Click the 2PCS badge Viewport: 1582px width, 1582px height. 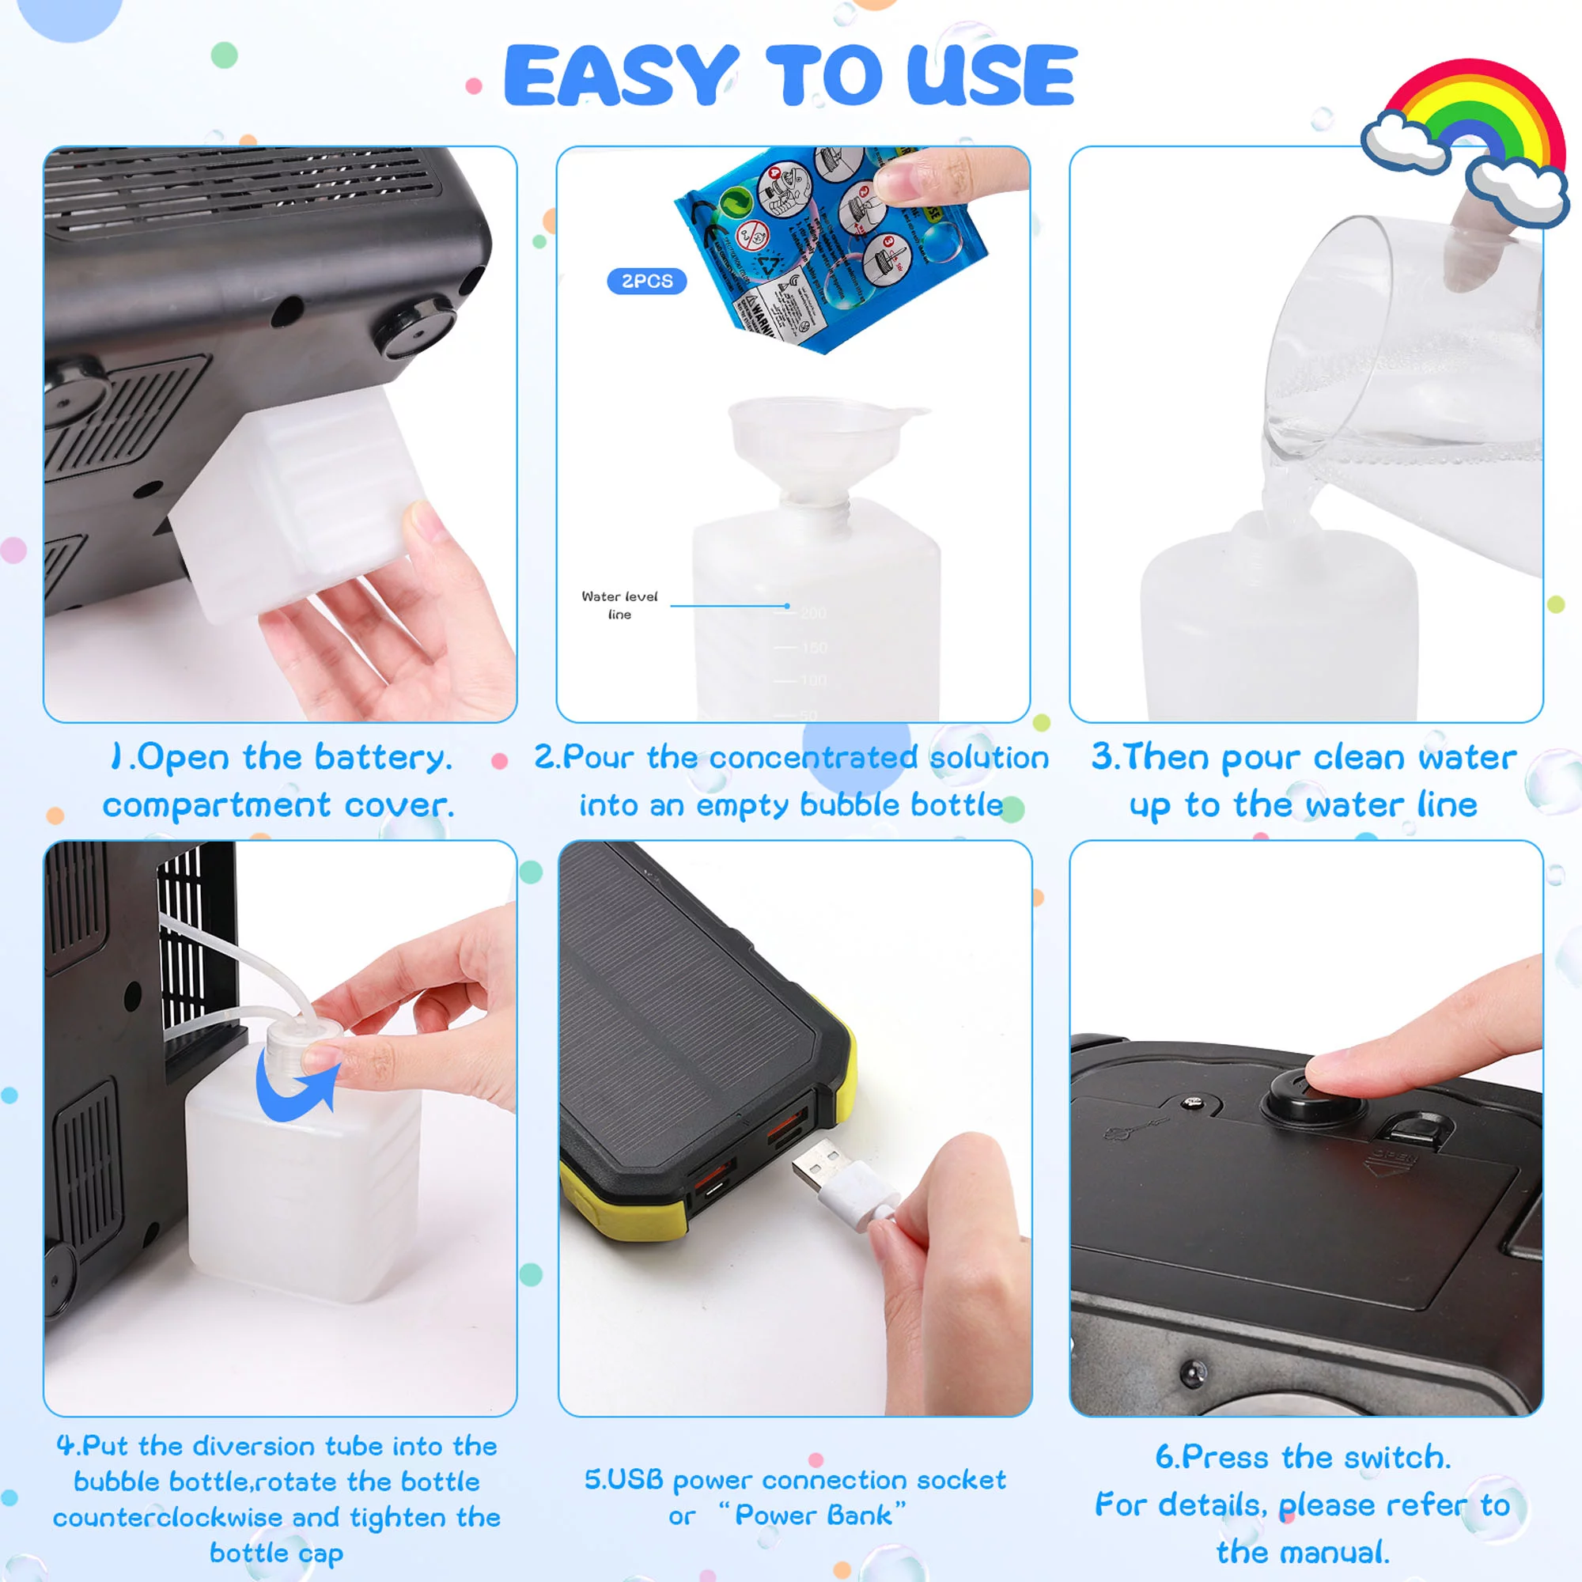646,281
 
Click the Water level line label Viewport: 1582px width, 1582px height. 619,605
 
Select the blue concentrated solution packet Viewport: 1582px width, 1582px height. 827,246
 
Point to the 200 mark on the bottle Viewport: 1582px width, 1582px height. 813,613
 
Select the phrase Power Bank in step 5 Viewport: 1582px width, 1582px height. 813,1515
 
